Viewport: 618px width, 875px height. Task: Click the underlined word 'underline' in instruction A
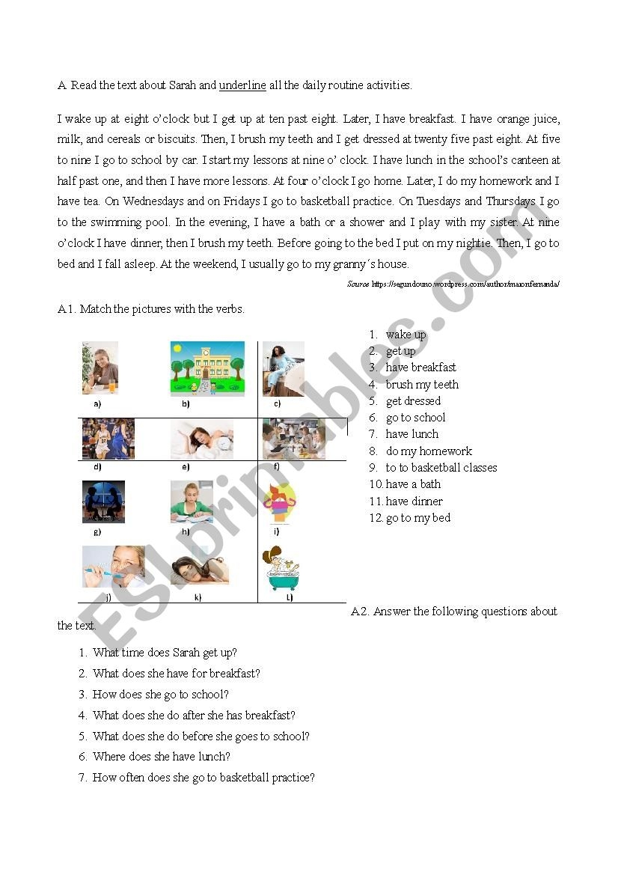242,85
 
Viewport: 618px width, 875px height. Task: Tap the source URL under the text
465,284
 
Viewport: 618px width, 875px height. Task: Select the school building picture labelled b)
207,368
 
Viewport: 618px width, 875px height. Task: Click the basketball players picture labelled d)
108,439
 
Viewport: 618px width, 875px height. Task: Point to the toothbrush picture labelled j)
113,567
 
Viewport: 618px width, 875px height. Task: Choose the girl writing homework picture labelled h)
192,501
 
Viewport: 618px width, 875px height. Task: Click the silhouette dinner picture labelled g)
103,501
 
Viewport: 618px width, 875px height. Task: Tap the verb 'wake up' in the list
406,335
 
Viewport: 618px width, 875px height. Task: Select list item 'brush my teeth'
422,385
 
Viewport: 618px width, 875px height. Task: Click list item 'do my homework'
429,451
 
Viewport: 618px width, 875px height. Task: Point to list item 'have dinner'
414,501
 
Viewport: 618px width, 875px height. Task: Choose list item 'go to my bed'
417,518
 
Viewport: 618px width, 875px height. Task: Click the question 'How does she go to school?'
161,695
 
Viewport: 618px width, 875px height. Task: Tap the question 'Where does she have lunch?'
162,757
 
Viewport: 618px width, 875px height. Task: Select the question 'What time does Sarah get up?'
165,653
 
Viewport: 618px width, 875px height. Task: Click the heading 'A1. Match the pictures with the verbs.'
150,309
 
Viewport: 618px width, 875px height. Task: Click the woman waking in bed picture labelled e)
202,439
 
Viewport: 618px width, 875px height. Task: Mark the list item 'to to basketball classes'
441,468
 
